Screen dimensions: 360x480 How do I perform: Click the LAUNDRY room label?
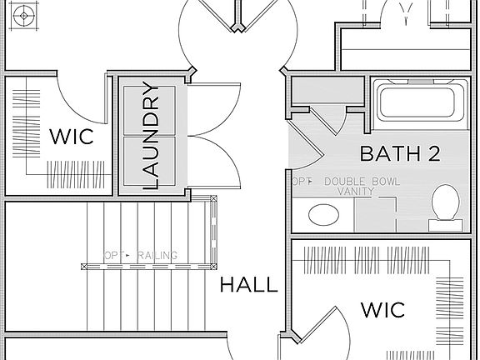(151, 136)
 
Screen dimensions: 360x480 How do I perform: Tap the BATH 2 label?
(400, 153)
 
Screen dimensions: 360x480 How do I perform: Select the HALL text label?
(248, 285)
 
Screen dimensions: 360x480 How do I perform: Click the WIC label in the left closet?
(71, 136)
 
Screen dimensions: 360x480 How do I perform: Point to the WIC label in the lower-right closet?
(382, 311)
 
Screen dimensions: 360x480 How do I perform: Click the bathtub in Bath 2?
(419, 102)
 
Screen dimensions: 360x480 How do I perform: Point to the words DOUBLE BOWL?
(362, 182)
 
